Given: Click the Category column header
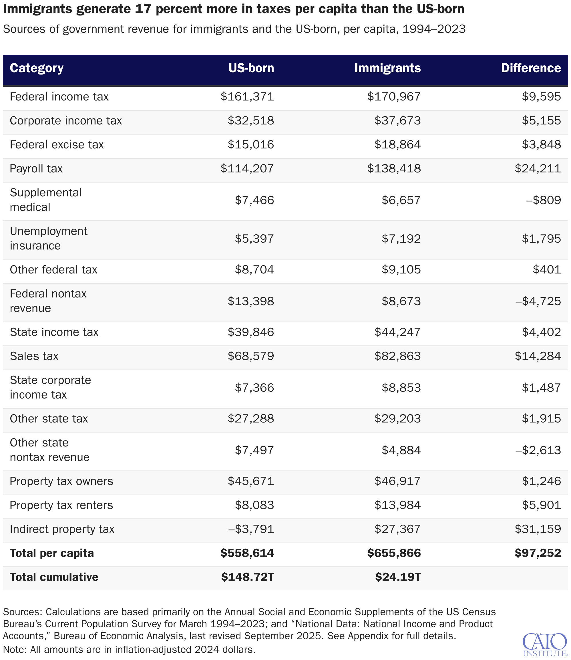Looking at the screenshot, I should (36, 68).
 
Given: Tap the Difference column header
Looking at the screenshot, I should (531, 68).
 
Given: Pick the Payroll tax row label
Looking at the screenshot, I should (36, 168).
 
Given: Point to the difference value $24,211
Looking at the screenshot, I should (538, 168).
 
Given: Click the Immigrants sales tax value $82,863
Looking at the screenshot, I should (397, 356).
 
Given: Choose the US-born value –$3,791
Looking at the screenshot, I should (251, 529).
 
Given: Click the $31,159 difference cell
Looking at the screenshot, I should (538, 529).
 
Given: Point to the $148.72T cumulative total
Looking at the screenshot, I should (248, 577).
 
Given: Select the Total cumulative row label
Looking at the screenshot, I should (54, 577).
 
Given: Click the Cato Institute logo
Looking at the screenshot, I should (544, 644).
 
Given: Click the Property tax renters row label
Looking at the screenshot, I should (61, 505).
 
